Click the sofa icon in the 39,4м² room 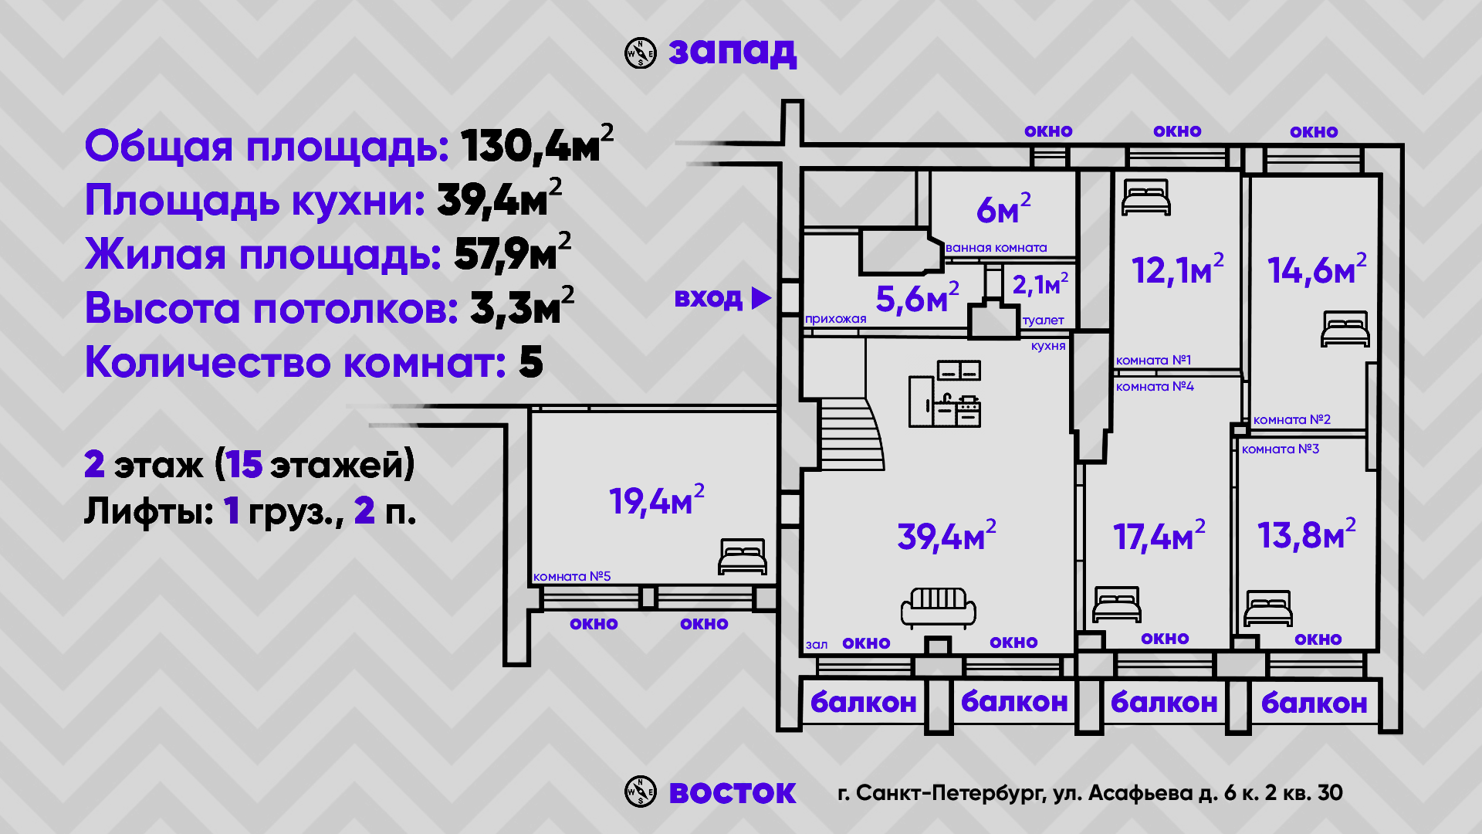(938, 607)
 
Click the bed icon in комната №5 (742, 557)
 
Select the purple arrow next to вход (761, 298)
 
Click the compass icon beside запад (640, 53)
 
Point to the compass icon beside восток (640, 792)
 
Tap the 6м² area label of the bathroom (1003, 209)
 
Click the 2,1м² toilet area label (1040, 284)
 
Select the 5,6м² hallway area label (917, 298)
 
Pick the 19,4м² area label (656, 501)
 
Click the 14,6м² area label (1316, 270)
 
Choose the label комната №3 (1280, 449)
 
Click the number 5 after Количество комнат (531, 362)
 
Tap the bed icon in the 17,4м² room (1117, 604)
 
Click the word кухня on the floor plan (1047, 346)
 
